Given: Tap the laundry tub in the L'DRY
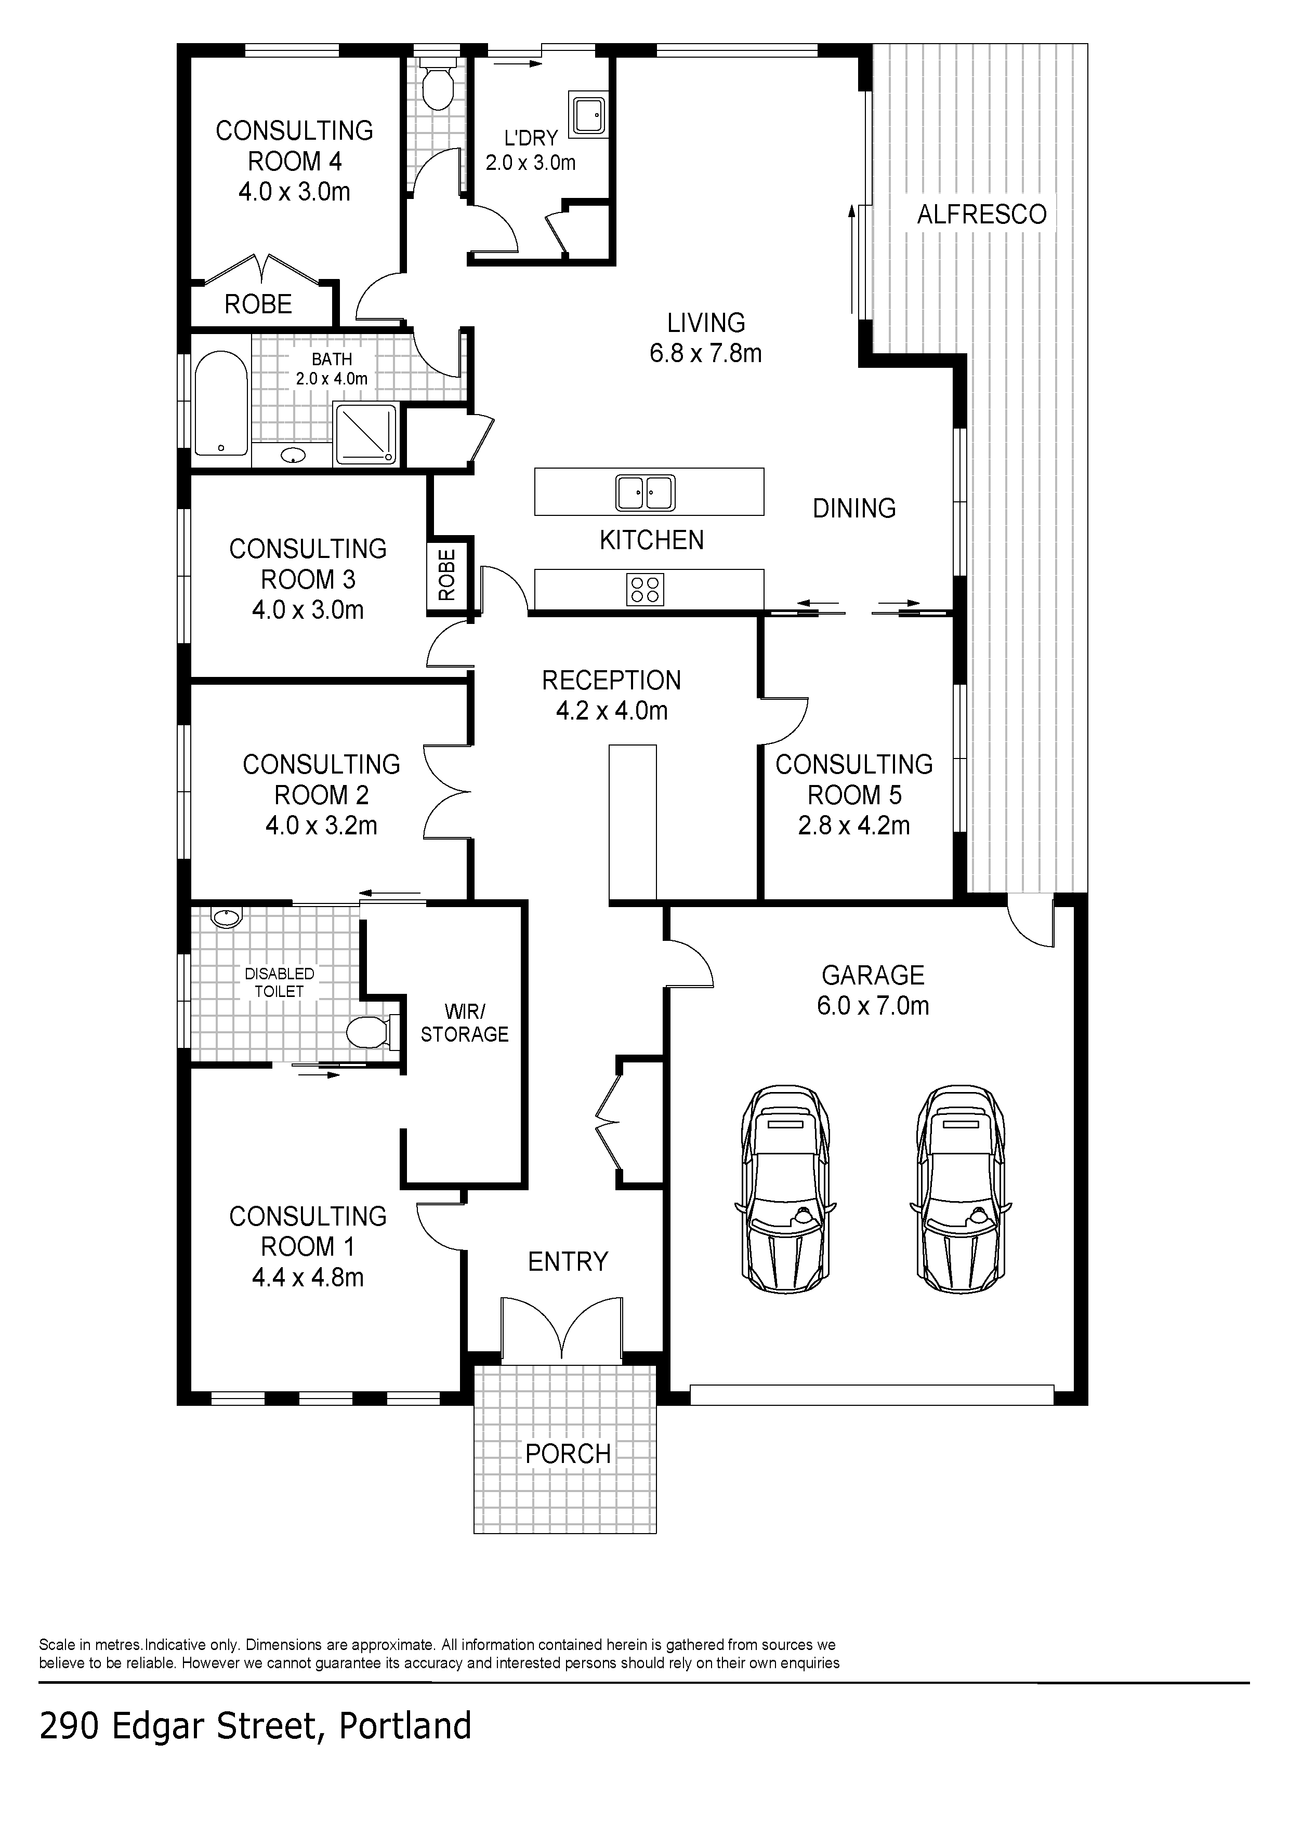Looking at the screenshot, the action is tap(588, 114).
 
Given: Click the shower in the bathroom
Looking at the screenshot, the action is tap(366, 433).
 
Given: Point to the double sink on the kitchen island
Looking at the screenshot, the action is tap(646, 493).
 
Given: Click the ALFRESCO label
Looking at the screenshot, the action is tap(982, 215).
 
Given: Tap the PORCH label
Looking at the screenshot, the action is tap(568, 1454).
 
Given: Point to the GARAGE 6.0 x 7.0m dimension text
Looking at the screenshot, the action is tap(873, 1005).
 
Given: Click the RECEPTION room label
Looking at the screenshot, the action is tap(612, 681).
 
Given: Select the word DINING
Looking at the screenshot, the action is tap(854, 508).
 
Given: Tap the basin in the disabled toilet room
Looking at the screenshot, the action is tap(226, 919).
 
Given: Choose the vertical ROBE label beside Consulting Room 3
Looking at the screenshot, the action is tap(447, 575).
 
